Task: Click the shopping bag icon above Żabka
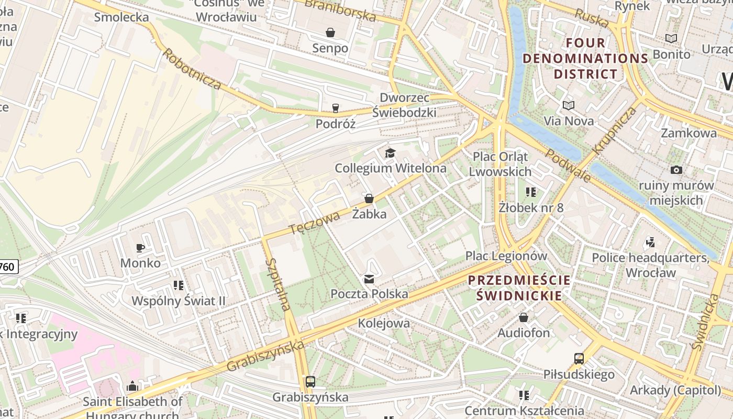click(369, 199)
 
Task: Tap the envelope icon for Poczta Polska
click(369, 279)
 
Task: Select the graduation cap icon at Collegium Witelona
click(390, 153)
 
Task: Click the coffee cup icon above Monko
click(140, 248)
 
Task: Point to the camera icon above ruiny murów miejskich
click(676, 170)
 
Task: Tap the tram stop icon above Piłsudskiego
click(579, 359)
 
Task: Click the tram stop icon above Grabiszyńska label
click(310, 382)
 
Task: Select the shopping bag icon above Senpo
click(330, 32)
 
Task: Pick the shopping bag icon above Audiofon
click(523, 317)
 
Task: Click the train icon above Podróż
click(335, 108)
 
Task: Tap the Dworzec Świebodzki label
click(404, 105)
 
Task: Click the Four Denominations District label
click(585, 58)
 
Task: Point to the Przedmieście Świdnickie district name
click(519, 288)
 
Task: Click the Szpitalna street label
click(277, 284)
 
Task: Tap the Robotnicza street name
click(192, 69)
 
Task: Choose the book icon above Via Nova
click(568, 105)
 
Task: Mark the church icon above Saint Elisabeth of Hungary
click(132, 387)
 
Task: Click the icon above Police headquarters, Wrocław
click(650, 242)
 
